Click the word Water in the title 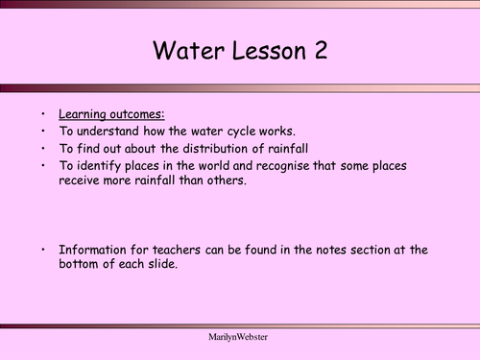(x=189, y=51)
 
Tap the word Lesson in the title (x=263, y=51)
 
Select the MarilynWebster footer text (x=239, y=341)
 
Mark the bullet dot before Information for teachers (x=45, y=250)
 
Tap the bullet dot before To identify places (x=45, y=166)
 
